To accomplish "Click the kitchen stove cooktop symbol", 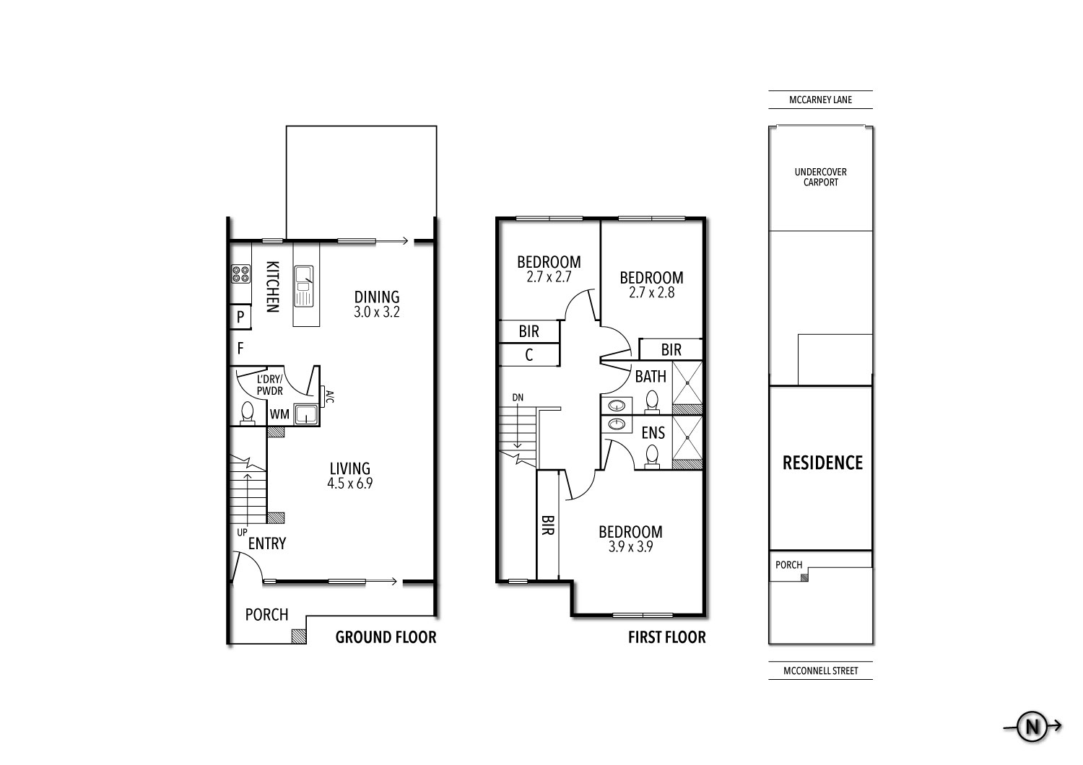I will pos(240,274).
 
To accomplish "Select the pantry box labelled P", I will pos(240,316).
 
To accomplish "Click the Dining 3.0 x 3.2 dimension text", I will pos(376,313).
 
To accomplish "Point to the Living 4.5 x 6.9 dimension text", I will pos(349,484).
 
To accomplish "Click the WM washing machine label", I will pos(279,414).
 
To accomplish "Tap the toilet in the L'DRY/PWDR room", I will pos(247,412).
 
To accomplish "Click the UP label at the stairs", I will pos(243,532).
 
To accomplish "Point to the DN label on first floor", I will pos(518,398).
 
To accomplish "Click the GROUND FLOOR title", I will pos(386,637).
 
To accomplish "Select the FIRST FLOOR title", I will pos(666,637).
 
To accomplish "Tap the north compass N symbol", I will pos(1031,727).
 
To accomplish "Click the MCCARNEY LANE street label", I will pos(820,100).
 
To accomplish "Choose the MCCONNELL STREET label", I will pos(821,671).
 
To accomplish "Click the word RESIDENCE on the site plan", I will pos(822,463).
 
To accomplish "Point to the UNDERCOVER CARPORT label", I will pos(820,178).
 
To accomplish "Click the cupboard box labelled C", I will pos(529,355).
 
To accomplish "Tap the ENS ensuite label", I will pos(653,433).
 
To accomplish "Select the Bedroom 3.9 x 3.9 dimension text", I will pos(630,547).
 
